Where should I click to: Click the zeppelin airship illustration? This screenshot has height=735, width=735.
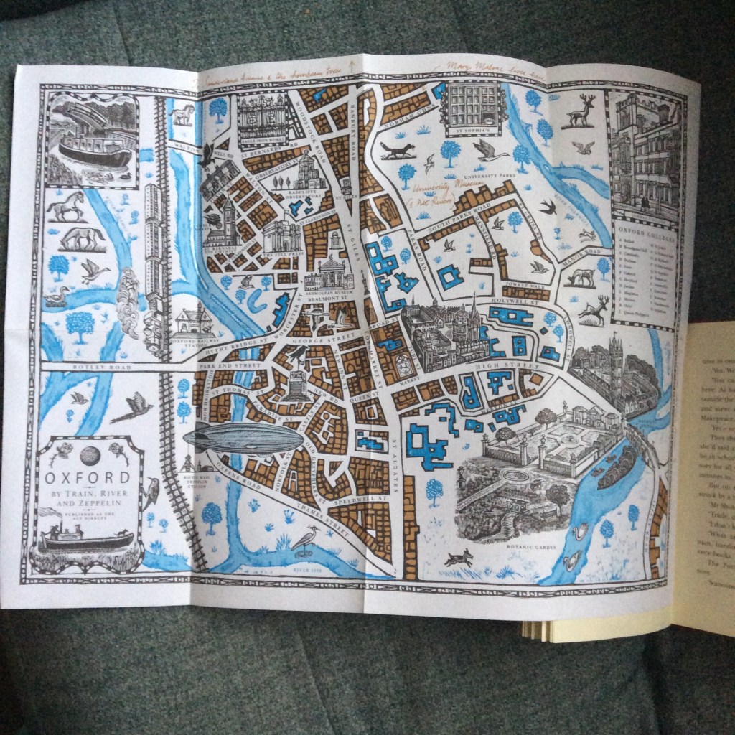[x=244, y=438]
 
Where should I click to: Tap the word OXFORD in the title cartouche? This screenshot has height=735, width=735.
[x=88, y=477]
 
